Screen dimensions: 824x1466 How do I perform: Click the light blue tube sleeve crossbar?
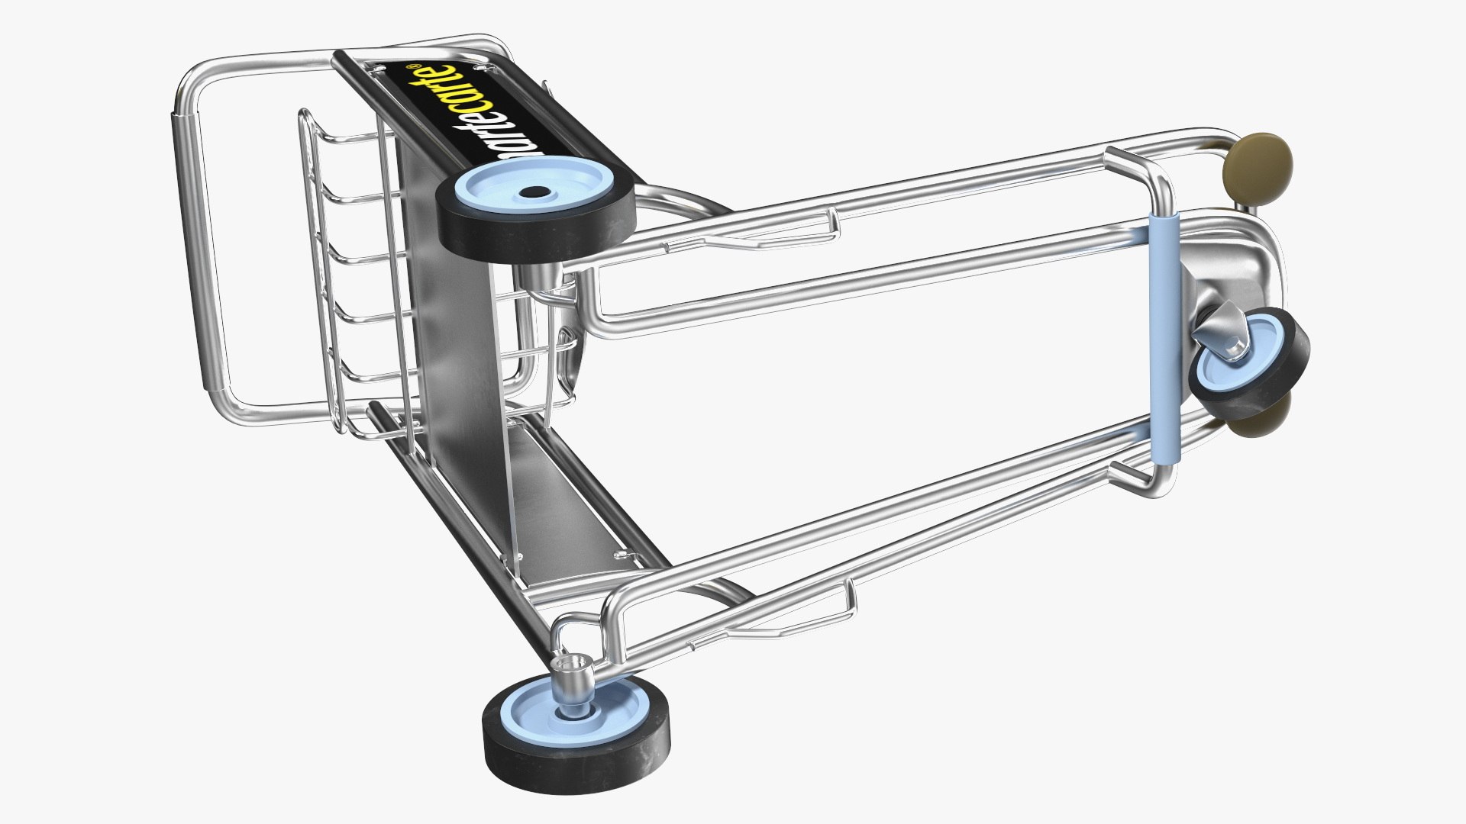pos(1164,336)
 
